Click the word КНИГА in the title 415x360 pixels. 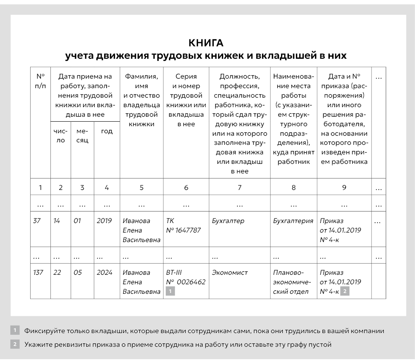(205, 43)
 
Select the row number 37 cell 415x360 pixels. (37, 221)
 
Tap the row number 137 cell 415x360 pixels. (38, 273)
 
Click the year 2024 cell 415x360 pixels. (104, 273)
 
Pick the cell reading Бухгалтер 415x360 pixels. (228, 221)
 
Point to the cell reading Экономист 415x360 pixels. (229, 273)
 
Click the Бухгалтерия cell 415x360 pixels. (293, 221)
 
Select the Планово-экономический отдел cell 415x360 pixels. (291, 282)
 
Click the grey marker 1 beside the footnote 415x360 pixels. (15, 331)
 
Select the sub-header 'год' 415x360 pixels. (107, 131)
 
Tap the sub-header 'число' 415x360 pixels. (60, 136)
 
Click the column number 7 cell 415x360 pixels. (239, 187)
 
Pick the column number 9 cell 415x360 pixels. (344, 187)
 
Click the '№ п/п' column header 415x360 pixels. (40, 81)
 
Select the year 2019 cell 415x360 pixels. (104, 221)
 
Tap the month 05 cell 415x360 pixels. (78, 273)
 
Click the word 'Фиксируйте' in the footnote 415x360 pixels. (44, 331)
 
